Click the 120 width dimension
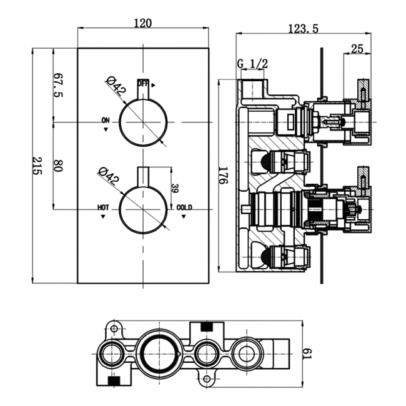[x=143, y=23]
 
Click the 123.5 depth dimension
[x=304, y=28]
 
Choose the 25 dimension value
[x=357, y=48]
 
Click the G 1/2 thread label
[x=253, y=64]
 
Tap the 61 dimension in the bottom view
[x=307, y=354]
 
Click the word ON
[x=105, y=120]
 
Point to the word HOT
[x=103, y=207]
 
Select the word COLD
[x=184, y=207]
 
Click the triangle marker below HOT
[x=103, y=217]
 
